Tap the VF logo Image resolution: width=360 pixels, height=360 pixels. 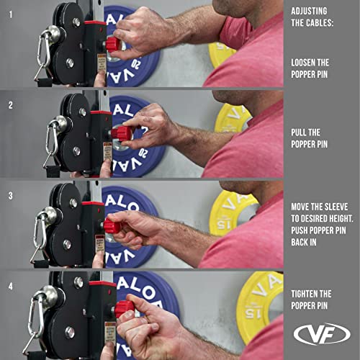(322, 333)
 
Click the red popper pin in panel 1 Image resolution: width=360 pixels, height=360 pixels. (112, 45)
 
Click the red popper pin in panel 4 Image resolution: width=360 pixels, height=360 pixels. (124, 307)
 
